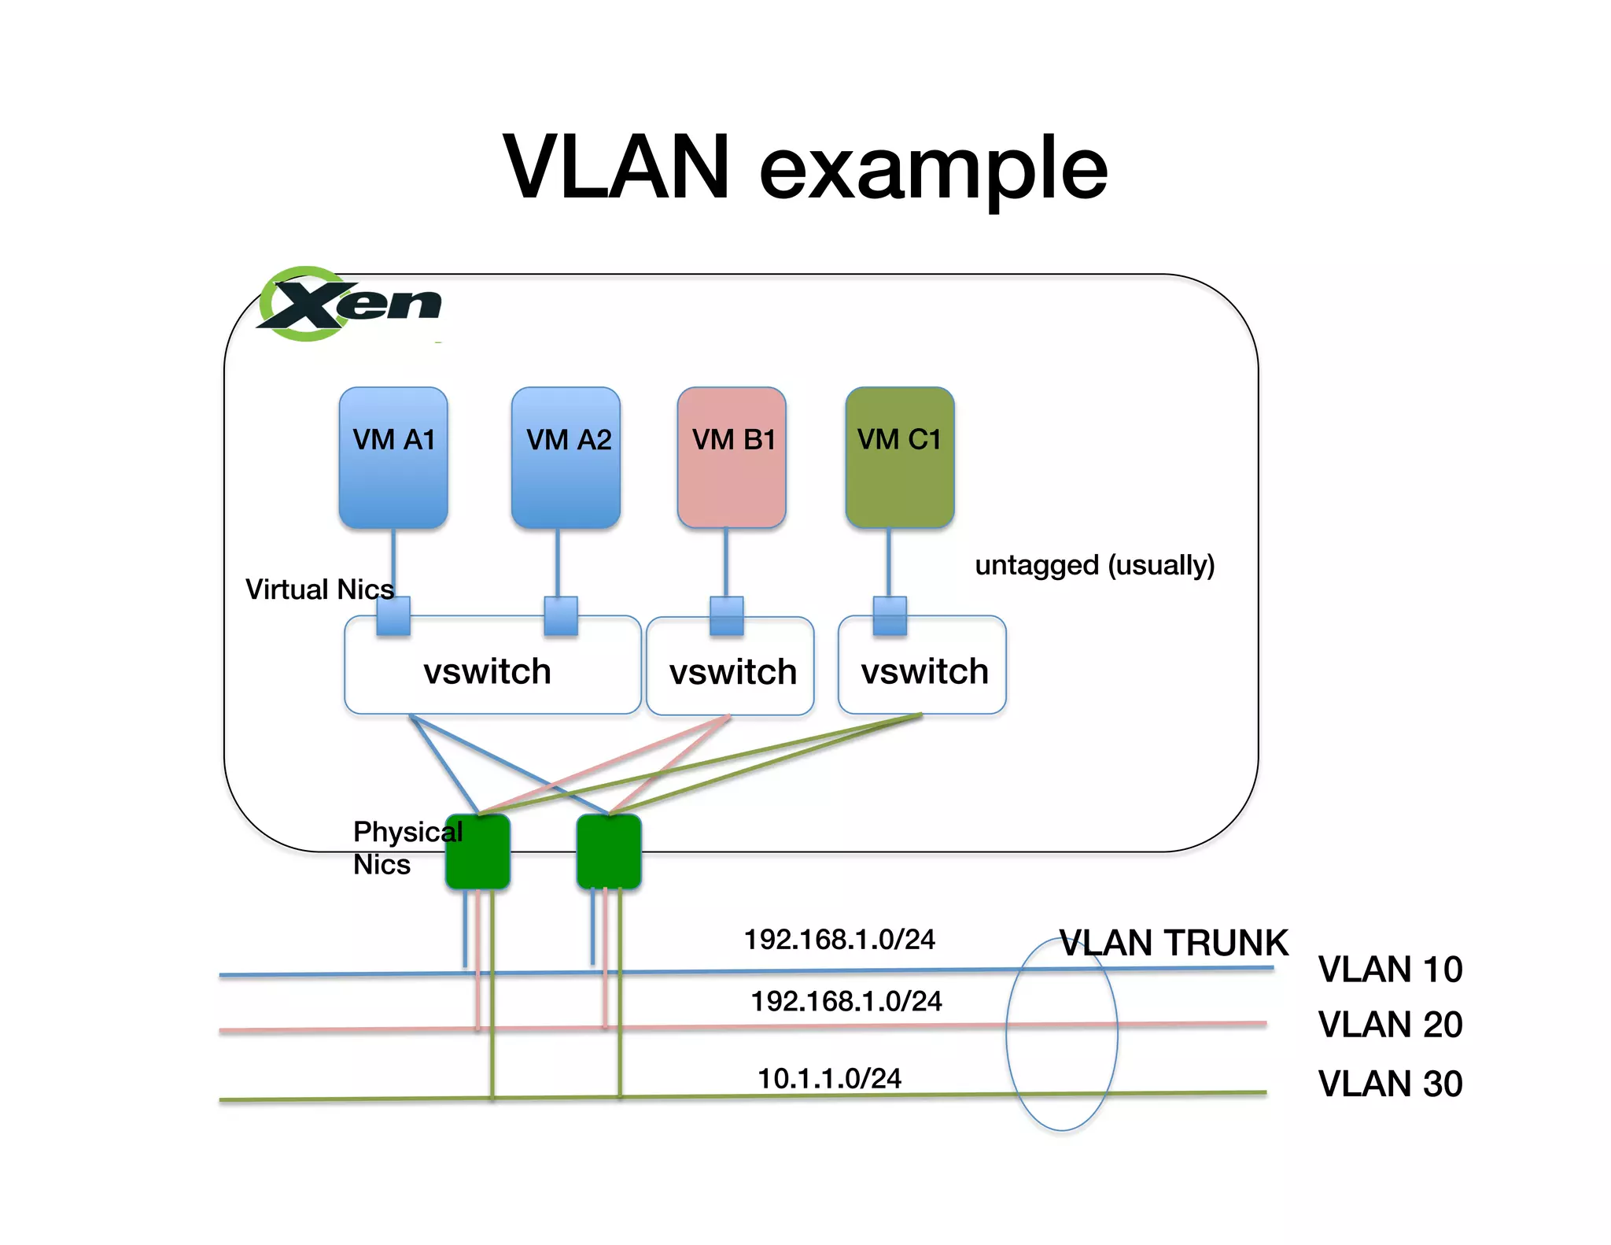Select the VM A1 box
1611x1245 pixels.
(393, 457)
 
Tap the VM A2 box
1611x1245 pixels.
(566, 457)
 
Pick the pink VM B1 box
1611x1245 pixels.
(732, 457)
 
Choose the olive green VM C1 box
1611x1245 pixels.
(899, 457)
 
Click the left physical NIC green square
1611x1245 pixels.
(478, 852)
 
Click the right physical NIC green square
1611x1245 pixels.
(609, 852)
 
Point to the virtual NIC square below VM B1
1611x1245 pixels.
(727, 615)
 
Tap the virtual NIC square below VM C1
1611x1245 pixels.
(890, 615)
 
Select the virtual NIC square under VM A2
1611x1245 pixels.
(561, 615)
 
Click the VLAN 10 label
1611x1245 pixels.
(1390, 969)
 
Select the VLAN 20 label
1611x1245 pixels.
(1390, 1024)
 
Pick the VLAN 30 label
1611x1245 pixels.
(1390, 1083)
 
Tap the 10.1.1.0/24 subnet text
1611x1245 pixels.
(829, 1078)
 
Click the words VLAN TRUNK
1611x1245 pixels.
(1174, 943)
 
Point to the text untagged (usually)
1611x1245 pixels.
(1094, 565)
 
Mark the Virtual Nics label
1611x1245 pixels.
(319, 589)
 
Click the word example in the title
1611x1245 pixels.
(933, 168)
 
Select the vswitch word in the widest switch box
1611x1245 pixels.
(487, 671)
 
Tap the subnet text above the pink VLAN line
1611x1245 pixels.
(846, 1001)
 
